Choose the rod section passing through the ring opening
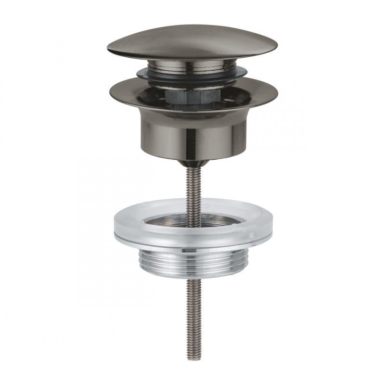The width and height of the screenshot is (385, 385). (x=192, y=217)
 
